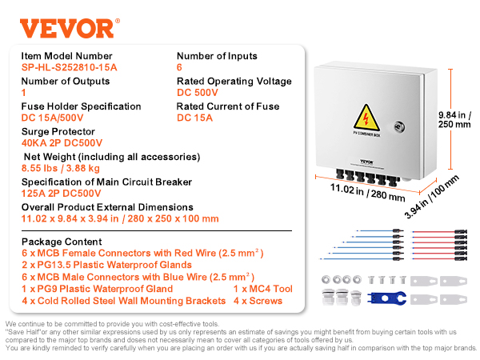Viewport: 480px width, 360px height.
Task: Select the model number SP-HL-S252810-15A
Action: click(69, 67)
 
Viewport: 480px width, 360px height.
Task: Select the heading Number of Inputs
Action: click(216, 55)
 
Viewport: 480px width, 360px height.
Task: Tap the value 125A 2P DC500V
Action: click(62, 194)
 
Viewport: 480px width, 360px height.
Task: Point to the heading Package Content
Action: click(62, 241)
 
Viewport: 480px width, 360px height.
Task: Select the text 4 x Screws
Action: click(257, 301)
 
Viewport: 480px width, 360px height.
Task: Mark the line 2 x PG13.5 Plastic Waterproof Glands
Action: click(106, 265)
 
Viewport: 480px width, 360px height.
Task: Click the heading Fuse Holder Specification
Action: click(80, 106)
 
